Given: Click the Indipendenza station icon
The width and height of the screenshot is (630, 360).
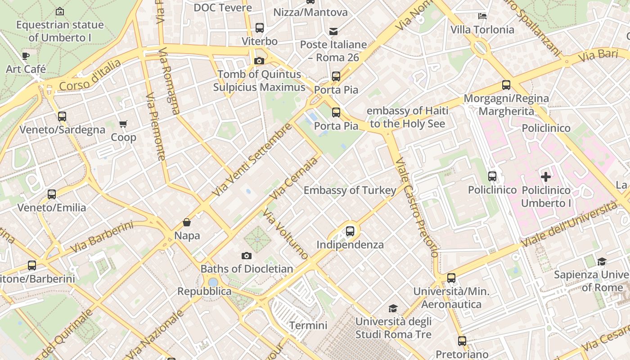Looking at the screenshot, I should tap(350, 231).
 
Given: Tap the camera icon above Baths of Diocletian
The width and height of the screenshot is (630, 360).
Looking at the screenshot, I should tap(247, 256).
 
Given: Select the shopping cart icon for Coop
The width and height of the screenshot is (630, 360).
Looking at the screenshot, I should tap(123, 124).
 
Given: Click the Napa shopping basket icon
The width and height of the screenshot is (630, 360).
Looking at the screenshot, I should tap(187, 222).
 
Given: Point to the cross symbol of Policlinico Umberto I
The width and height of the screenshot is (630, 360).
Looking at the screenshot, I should tap(546, 176).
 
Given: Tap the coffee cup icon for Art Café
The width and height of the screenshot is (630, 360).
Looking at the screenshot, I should tap(26, 56).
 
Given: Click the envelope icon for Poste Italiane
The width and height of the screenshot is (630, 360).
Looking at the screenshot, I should tap(333, 31).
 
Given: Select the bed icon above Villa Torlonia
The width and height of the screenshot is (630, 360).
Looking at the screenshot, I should tap(482, 16).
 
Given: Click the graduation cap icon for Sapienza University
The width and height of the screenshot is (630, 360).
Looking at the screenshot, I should tap(602, 261).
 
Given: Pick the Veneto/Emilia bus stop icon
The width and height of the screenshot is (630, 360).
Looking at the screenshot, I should tap(52, 194).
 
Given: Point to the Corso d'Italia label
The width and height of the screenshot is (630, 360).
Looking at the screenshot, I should tap(90, 75).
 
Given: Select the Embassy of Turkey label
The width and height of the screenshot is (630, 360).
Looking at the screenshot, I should tap(350, 190).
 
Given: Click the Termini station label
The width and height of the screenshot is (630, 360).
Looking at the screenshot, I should tap(308, 325).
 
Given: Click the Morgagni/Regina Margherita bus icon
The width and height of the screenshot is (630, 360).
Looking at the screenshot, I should tap(506, 85).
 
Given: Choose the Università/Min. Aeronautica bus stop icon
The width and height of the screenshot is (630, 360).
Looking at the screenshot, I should tap(451, 278).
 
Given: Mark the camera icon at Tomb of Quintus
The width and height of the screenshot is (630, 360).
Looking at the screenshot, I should tap(259, 61).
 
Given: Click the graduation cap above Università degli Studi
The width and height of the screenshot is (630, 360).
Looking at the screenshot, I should tap(393, 308).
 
